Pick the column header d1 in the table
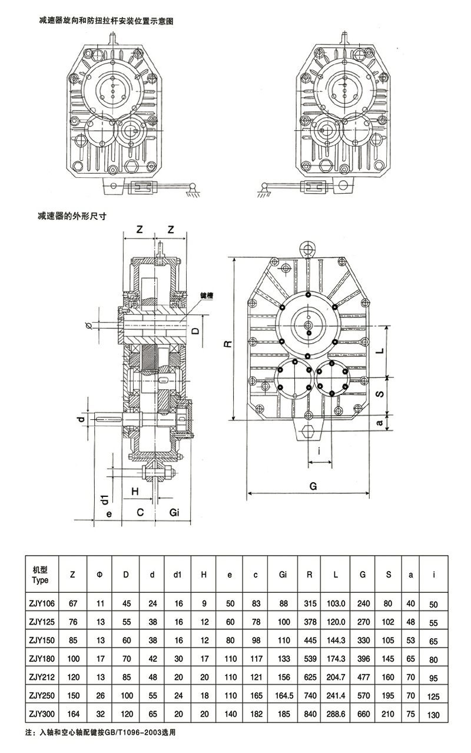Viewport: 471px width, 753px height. [177, 574]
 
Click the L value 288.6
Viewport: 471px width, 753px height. [335, 715]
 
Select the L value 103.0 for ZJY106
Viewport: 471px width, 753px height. [335, 603]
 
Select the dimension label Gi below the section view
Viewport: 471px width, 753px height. [174, 512]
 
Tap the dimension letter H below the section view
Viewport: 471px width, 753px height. [135, 490]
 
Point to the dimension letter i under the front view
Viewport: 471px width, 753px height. [319, 452]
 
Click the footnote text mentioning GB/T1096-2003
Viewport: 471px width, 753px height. [101, 734]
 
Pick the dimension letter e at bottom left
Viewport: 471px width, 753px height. [108, 513]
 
